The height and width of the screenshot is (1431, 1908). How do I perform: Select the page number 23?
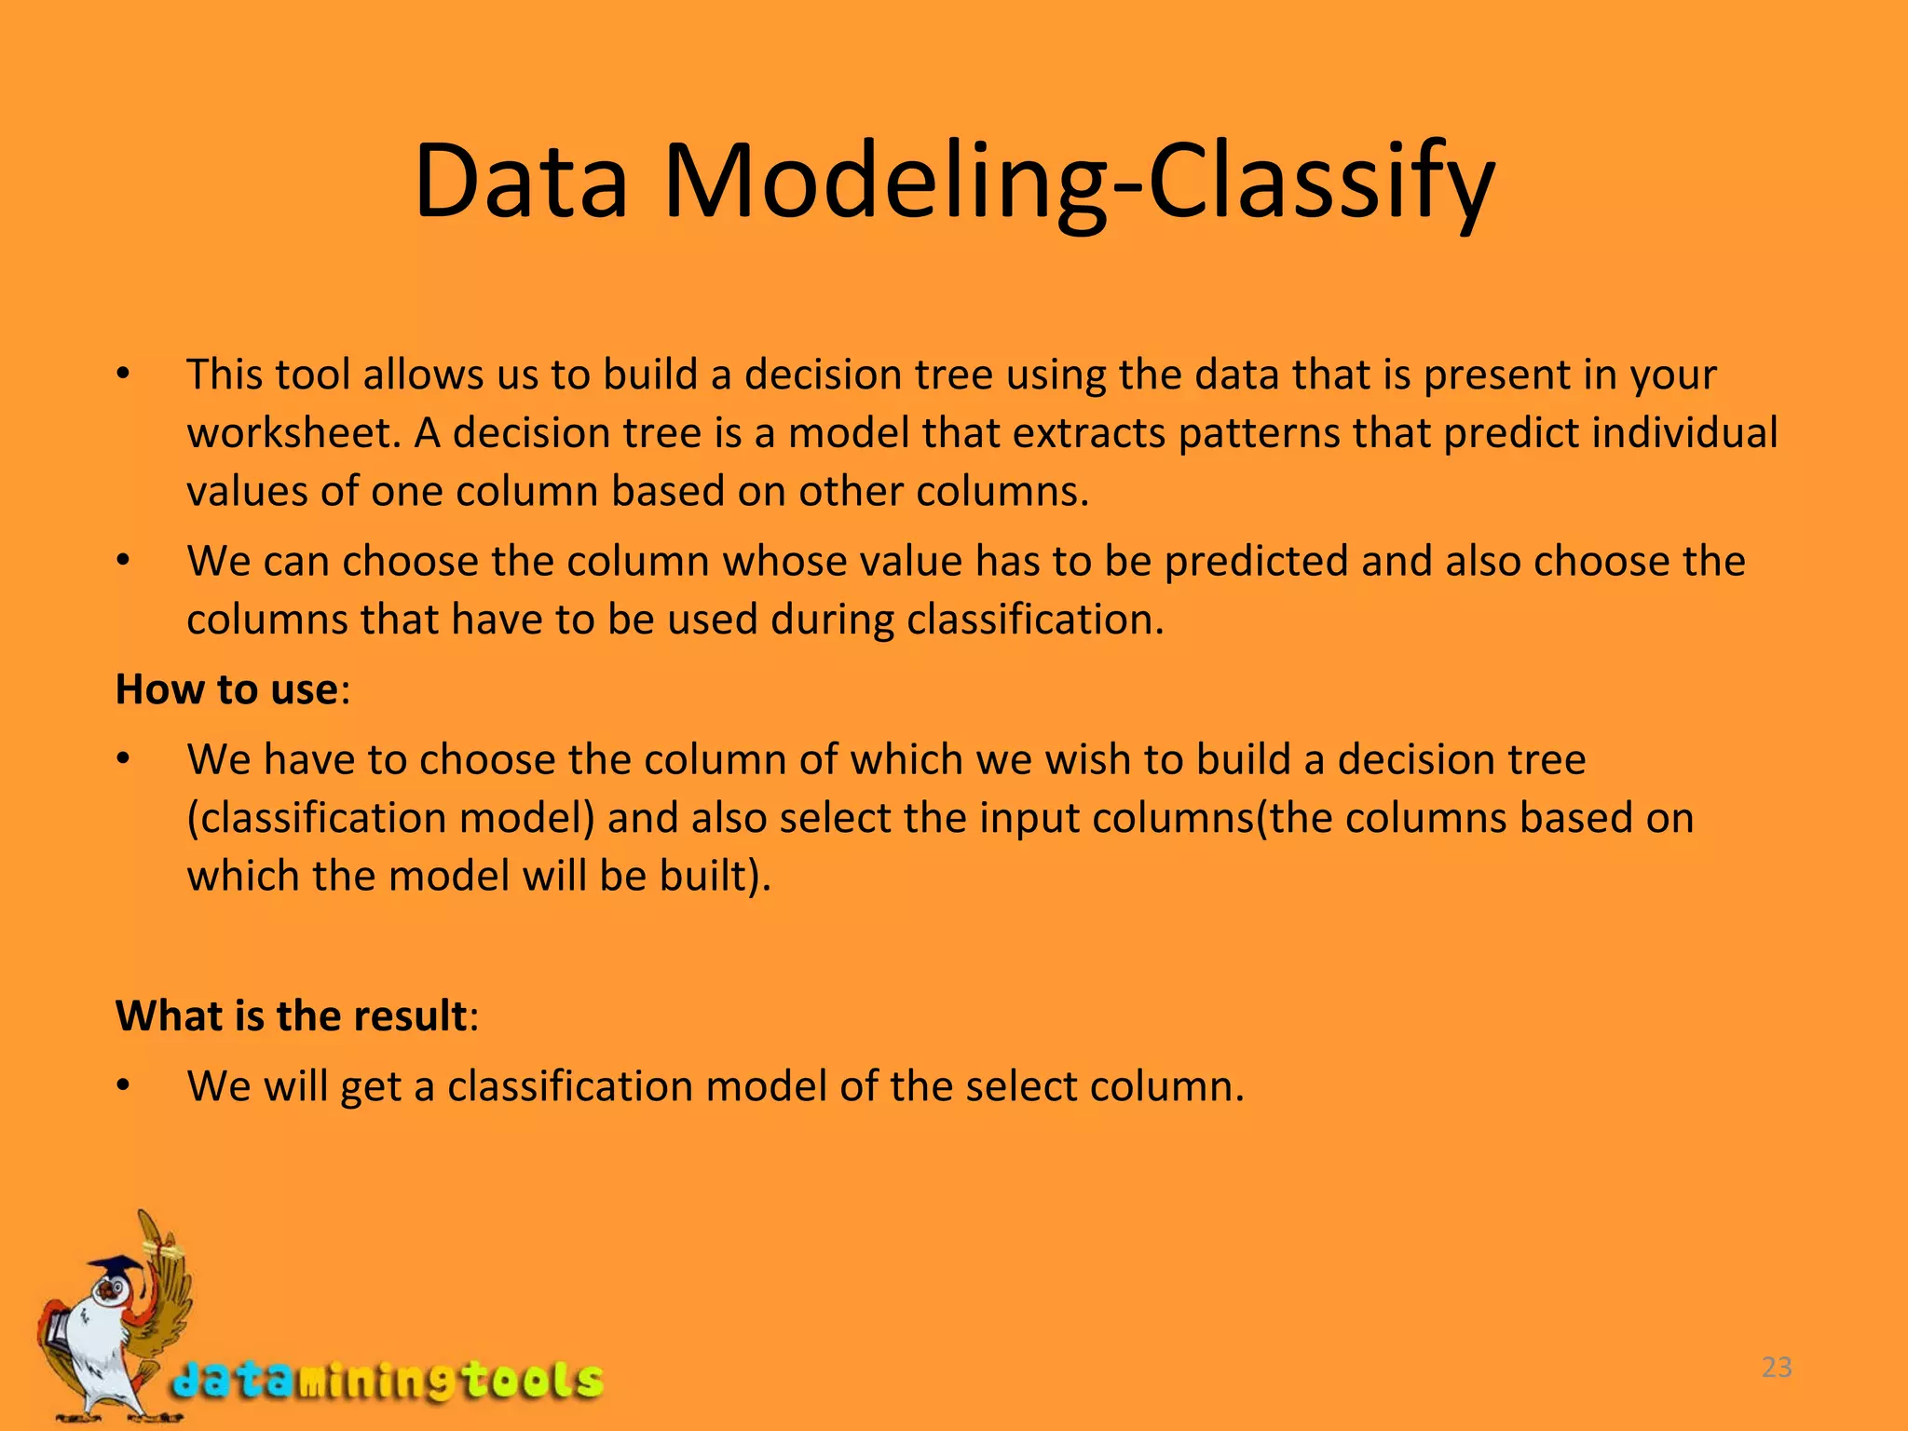click(x=1777, y=1368)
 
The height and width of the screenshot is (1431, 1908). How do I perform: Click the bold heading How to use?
click(x=226, y=690)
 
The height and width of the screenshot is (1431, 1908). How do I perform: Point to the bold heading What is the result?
click(x=291, y=1015)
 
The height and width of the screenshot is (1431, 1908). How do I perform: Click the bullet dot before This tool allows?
click(x=122, y=375)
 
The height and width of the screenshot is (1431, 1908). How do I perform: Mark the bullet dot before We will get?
click(x=122, y=1086)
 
